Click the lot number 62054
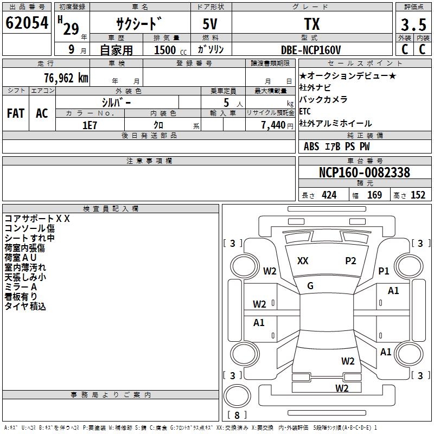pos(27,23)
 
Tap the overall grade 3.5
pos(413,24)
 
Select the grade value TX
pos(312,24)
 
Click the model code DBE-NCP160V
pos(311,50)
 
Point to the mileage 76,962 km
pos(66,78)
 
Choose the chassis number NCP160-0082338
pos(365,173)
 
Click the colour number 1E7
pos(90,125)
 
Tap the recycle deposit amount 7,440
pos(273,125)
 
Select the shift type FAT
pos(16,113)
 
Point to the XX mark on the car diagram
pos(303,261)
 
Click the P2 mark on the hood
pos(350,261)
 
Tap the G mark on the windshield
pos(310,286)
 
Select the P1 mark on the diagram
pos(384,271)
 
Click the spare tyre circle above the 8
pos(237,396)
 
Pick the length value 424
pos(329,195)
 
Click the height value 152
pos(418,195)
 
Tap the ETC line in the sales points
pos(305,111)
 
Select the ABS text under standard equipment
pos(311,146)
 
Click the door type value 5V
pos(210,24)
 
